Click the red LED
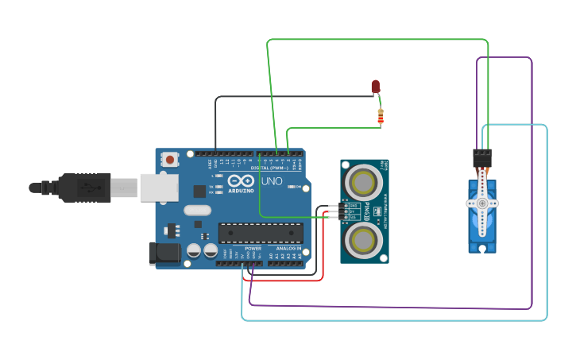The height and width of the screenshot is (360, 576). (376, 86)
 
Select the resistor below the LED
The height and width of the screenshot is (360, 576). (381, 118)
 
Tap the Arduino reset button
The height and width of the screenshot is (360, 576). (170, 159)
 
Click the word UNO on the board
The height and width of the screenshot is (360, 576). (272, 181)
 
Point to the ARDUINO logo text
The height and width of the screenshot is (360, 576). (242, 191)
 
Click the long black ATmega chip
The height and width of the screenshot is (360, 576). (261, 233)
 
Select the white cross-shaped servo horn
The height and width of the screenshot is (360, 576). (482, 203)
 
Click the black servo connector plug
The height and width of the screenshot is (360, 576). (482, 157)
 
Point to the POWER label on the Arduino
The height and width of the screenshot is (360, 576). (253, 249)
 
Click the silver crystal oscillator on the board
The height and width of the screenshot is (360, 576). (196, 211)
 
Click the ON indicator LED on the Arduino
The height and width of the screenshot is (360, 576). (305, 188)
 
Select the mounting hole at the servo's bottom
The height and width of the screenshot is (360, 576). (482, 248)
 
